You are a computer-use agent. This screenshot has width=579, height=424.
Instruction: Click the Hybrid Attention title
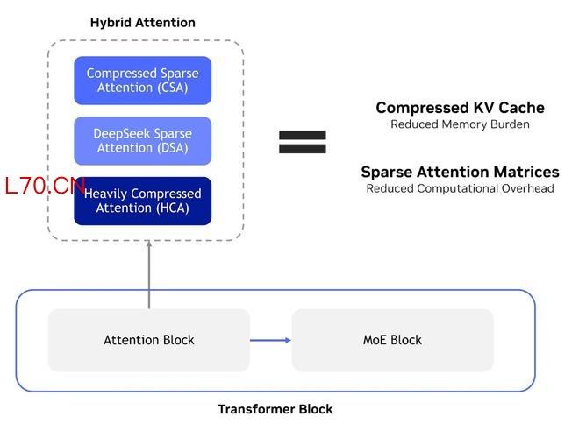(x=143, y=22)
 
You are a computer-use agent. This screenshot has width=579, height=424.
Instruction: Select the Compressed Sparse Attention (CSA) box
(x=143, y=81)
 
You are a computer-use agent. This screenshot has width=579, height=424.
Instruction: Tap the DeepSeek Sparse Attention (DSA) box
(x=143, y=141)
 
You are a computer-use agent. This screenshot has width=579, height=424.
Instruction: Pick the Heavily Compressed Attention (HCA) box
(x=143, y=201)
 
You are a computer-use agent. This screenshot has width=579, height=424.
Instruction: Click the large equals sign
(x=302, y=142)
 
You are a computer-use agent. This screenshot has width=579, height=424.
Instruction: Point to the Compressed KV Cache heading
(x=460, y=108)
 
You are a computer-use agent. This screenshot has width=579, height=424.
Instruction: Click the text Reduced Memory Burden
(x=460, y=124)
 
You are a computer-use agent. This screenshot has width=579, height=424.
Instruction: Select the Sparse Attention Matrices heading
(x=460, y=172)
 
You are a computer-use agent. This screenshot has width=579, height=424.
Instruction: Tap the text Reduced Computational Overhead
(x=460, y=188)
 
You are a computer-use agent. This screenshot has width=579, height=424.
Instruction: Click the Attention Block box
(x=149, y=340)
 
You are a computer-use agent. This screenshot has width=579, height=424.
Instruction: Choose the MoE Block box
(x=392, y=340)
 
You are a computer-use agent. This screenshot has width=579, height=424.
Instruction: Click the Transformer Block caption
(x=275, y=409)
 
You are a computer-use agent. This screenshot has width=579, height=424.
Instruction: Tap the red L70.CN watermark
(x=44, y=186)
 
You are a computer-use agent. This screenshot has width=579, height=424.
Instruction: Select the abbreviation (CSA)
(x=173, y=88)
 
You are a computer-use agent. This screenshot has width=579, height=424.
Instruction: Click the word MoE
(x=375, y=340)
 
